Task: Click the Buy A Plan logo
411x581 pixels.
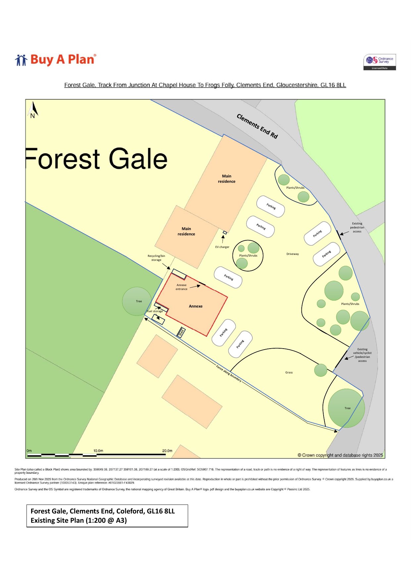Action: pyautogui.click(x=56, y=60)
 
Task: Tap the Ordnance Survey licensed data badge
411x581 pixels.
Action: pyautogui.click(x=380, y=62)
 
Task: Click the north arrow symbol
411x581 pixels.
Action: pyautogui.click(x=33, y=110)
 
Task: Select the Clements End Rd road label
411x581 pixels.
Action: pyautogui.click(x=257, y=126)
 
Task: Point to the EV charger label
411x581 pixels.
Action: pyautogui.click(x=222, y=247)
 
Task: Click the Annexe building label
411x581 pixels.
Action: pyautogui.click(x=195, y=306)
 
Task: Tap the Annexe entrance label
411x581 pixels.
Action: pyautogui.click(x=181, y=287)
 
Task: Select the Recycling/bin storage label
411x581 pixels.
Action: pyautogui.click(x=156, y=258)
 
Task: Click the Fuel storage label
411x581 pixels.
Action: pyautogui.click(x=155, y=311)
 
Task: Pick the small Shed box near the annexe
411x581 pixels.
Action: pyautogui.click(x=181, y=332)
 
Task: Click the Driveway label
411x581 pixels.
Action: pyautogui.click(x=292, y=254)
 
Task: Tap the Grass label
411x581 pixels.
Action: pyautogui.click(x=289, y=372)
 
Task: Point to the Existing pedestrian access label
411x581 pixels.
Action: pyautogui.click(x=357, y=227)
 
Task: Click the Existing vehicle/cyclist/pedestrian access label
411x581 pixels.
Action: pyautogui.click(x=362, y=355)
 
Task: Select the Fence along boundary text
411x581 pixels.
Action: pyautogui.click(x=229, y=374)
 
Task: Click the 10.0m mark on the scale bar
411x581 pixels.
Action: pyautogui.click(x=98, y=451)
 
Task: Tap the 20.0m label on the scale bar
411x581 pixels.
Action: pyautogui.click(x=167, y=451)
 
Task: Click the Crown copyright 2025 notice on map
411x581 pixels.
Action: pyautogui.click(x=340, y=455)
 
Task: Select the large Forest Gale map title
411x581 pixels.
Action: pyautogui.click(x=97, y=159)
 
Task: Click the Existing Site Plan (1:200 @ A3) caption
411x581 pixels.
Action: pyautogui.click(x=79, y=520)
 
